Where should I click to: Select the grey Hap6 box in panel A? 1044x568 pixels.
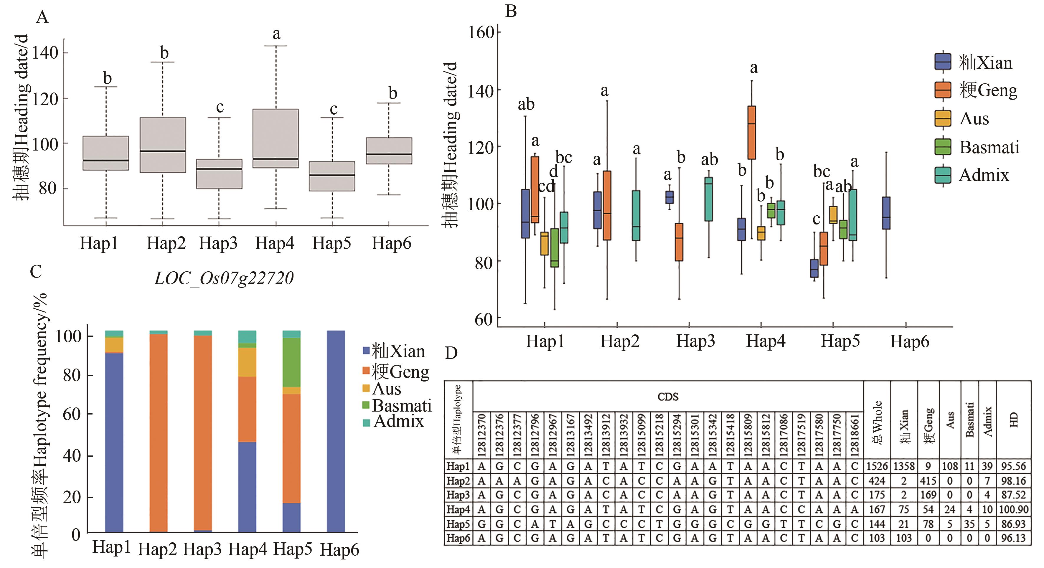(x=389, y=151)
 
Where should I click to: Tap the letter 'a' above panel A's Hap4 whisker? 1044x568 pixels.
(x=276, y=34)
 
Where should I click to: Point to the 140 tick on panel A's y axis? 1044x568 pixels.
(x=45, y=53)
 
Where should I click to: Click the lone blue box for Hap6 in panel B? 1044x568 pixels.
(x=886, y=213)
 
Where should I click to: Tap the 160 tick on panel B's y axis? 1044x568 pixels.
(x=481, y=32)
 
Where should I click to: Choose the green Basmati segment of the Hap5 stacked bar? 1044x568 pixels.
(x=291, y=362)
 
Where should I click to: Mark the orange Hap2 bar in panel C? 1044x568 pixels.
(x=159, y=433)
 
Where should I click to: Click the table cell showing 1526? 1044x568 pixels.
(x=877, y=466)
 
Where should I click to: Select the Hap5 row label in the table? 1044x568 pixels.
(x=458, y=524)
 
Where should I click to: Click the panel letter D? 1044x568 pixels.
(x=451, y=353)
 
